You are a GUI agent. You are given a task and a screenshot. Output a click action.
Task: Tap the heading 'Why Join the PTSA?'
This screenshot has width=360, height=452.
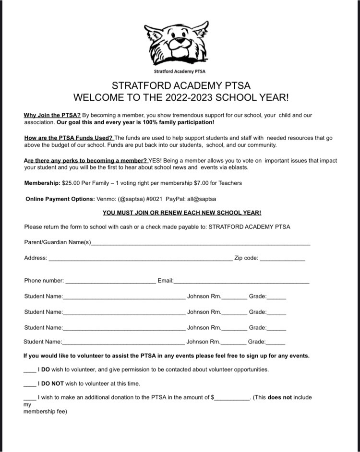pos(52,115)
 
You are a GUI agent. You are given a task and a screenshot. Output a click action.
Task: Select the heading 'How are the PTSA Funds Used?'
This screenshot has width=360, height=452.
pos(68,138)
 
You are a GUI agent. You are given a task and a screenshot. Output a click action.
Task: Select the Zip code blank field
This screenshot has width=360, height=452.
pos(282,259)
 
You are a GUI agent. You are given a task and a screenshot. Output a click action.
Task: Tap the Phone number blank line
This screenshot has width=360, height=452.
pos(110,282)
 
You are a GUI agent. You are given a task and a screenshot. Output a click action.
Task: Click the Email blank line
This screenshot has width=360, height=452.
pos(241,282)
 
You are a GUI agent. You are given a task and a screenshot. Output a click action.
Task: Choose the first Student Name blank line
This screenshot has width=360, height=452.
pos(124,298)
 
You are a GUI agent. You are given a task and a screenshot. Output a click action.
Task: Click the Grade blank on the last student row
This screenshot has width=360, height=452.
pos(276,344)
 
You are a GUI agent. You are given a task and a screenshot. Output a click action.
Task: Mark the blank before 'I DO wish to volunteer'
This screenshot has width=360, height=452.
pos(29,371)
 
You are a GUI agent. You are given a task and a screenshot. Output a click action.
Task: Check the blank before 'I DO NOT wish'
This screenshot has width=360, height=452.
pos(29,385)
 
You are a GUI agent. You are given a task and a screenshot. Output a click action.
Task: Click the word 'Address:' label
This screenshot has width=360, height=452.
pos(36,258)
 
